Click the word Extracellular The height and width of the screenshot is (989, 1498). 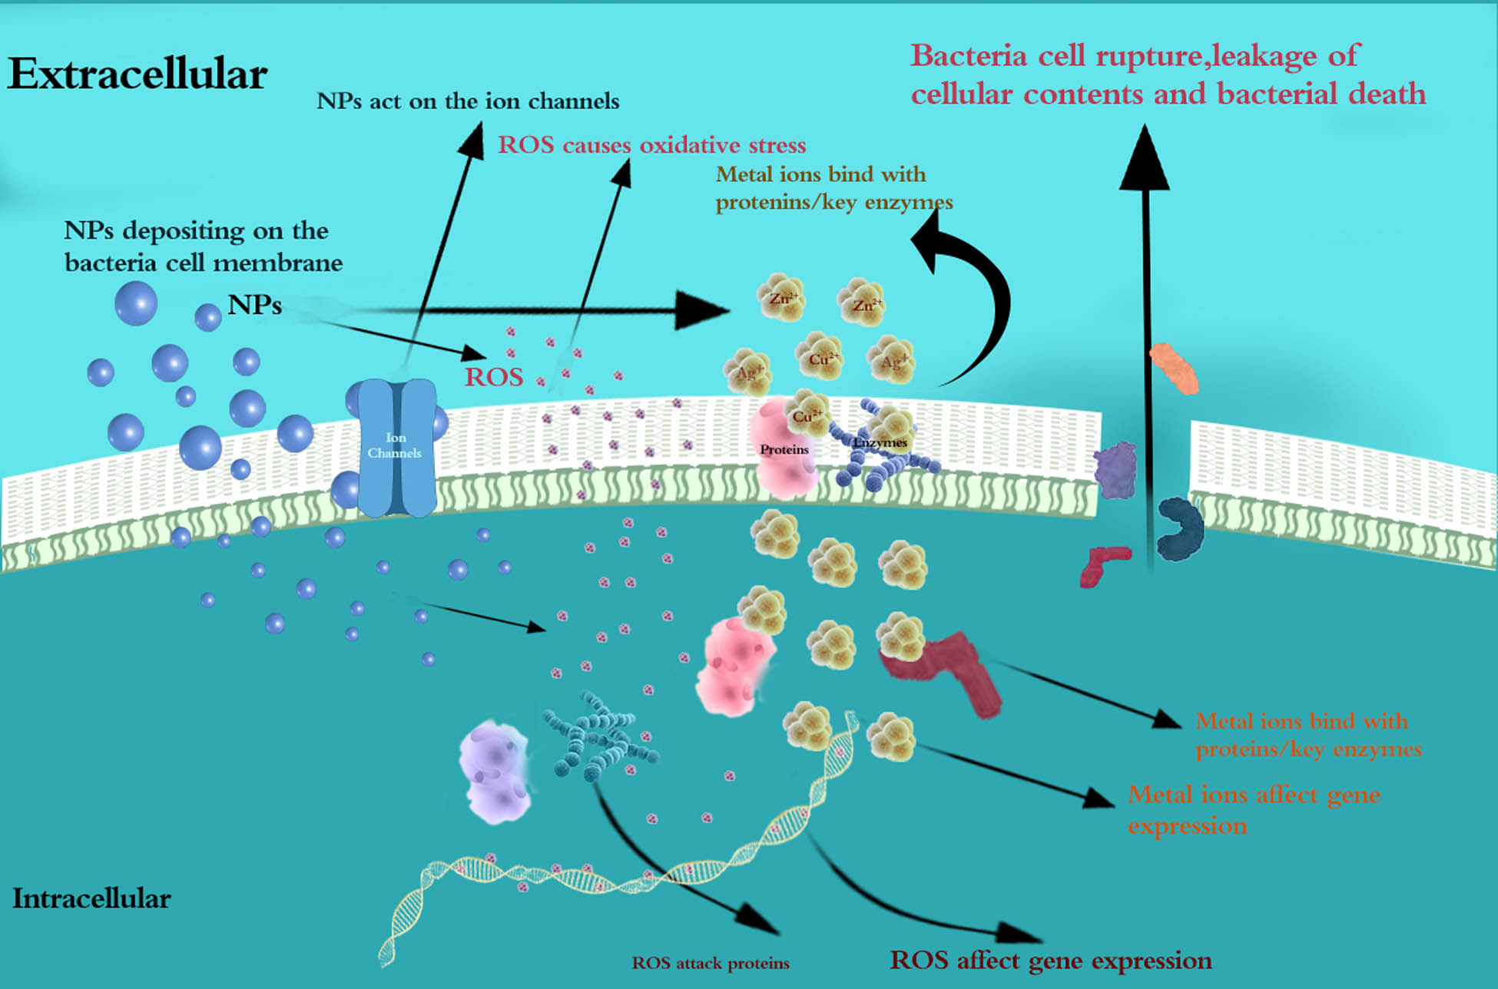tap(138, 74)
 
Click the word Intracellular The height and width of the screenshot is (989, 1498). tap(91, 898)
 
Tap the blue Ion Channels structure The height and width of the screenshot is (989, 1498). tap(396, 448)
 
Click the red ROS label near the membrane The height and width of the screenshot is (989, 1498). tap(494, 377)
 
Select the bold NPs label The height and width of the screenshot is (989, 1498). tap(254, 305)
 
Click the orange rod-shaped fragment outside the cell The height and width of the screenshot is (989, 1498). tap(1174, 369)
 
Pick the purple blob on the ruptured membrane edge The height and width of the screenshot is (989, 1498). tap(1115, 470)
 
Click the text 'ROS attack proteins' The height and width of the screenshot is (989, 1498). tap(711, 963)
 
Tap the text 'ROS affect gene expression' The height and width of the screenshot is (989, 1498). tap(1050, 961)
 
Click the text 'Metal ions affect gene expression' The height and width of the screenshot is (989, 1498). tap(1252, 809)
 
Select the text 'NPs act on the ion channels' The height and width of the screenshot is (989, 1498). tap(468, 101)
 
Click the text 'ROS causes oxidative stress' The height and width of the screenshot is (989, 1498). tap(651, 145)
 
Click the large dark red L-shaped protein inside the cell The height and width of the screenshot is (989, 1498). tap(953, 668)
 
